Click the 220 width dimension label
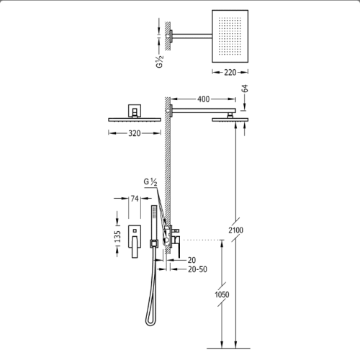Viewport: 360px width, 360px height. point(230,72)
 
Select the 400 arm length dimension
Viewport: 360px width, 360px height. point(203,99)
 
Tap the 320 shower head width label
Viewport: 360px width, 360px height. point(134,133)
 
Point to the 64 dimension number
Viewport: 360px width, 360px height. point(245,89)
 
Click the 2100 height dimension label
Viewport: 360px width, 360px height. point(235,230)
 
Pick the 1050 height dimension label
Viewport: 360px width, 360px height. point(222,294)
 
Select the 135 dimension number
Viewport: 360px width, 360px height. point(117,237)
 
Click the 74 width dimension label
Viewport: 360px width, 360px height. point(135,199)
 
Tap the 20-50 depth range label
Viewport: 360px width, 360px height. point(197,269)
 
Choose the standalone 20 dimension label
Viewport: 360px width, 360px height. point(192,260)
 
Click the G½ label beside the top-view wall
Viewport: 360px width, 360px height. point(160,61)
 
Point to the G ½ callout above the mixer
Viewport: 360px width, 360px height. point(150,182)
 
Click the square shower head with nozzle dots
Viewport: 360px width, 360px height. point(230,36)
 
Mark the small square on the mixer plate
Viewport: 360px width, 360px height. point(135,231)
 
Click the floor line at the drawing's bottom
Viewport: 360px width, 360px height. point(228,348)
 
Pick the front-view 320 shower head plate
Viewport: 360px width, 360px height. point(135,120)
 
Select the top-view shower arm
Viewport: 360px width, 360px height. point(192,36)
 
